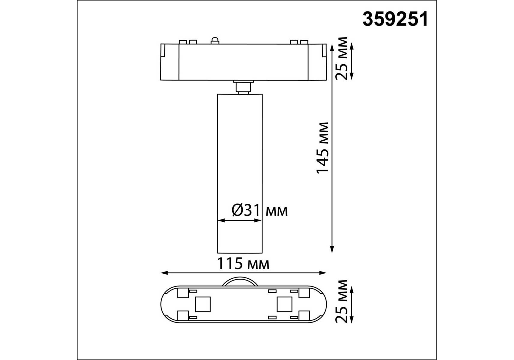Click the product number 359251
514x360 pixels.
coord(395,19)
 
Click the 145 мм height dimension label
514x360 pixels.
coord(323,148)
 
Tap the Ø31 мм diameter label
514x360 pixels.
coord(260,210)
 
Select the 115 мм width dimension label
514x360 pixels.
coord(243,264)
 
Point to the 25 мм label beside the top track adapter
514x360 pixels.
coord(342,58)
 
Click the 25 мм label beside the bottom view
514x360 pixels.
coord(342,301)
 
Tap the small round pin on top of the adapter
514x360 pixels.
coord(215,40)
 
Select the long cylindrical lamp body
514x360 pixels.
coord(240,173)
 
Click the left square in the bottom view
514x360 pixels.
coord(203,304)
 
